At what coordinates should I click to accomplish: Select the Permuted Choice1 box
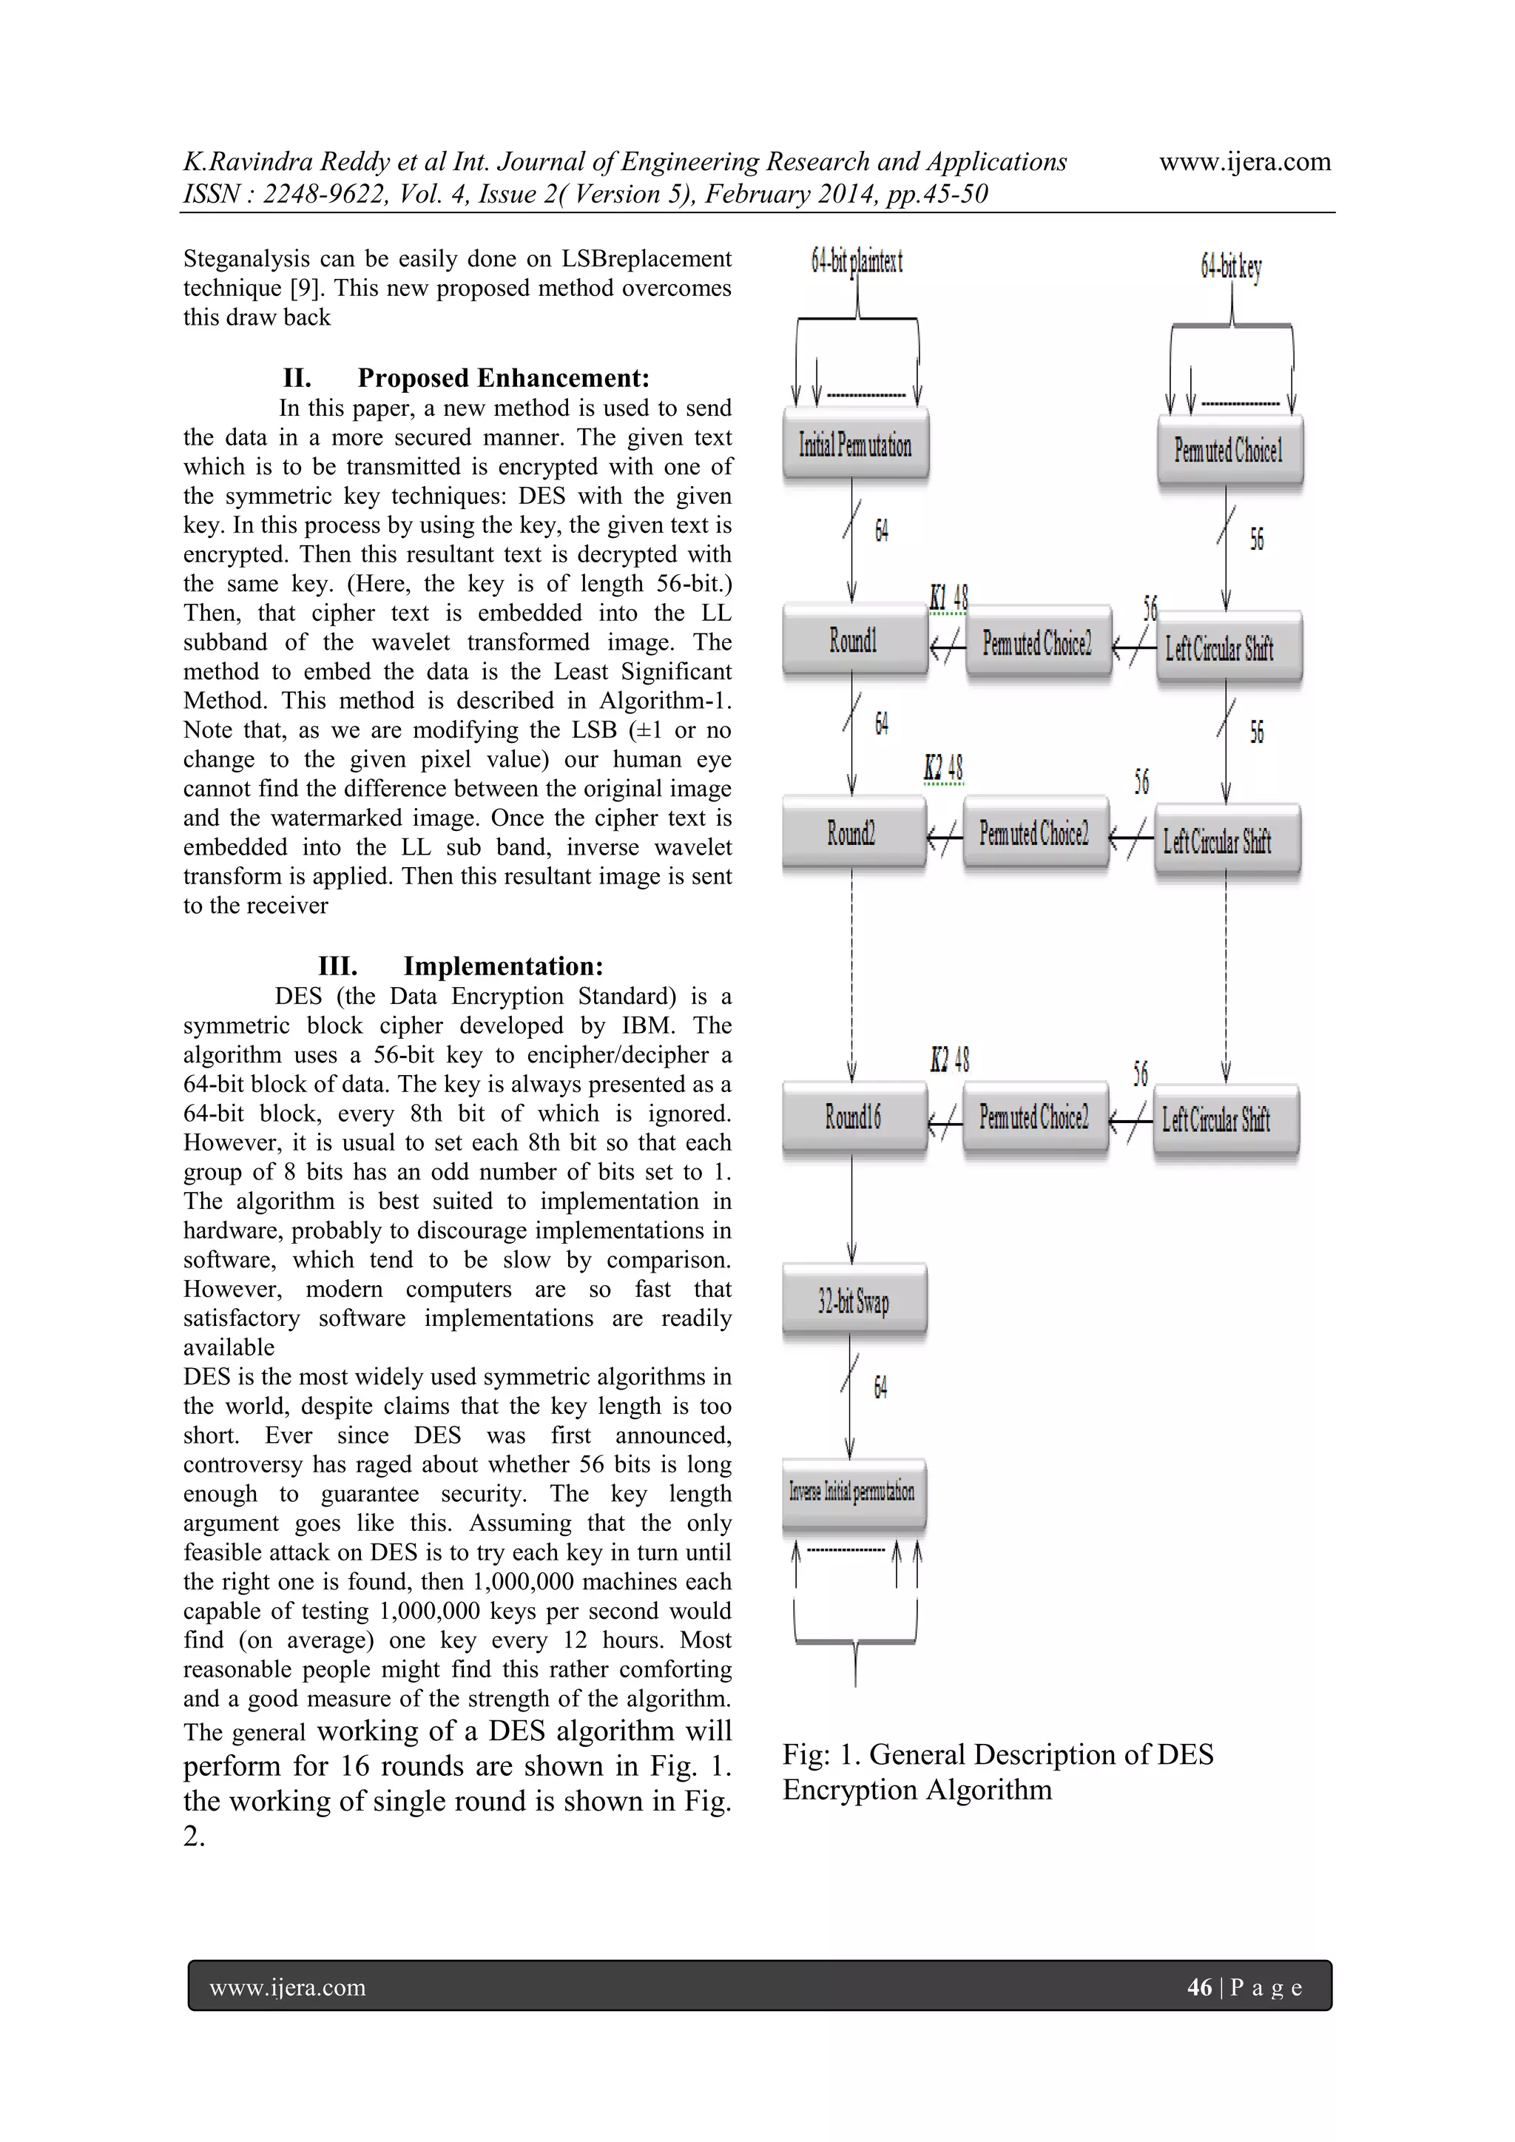coord(1229,451)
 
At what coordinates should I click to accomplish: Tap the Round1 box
coord(854,641)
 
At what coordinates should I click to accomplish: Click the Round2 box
coord(851,833)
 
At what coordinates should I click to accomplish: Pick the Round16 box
coord(853,1117)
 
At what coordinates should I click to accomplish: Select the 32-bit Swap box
coord(854,1301)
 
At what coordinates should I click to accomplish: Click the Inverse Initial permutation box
coord(853,1492)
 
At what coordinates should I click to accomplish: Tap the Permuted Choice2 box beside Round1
coord(1037,644)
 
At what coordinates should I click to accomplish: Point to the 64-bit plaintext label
coord(857,261)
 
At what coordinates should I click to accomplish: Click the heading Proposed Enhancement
coord(503,378)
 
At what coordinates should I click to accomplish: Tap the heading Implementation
coord(503,966)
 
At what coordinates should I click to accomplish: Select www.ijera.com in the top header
coord(1244,162)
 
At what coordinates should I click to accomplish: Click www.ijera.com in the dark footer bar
coord(287,1988)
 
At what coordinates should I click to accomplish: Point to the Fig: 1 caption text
coord(997,1771)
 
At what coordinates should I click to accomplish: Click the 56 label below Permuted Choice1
coord(1257,539)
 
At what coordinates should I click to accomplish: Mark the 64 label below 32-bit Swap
coord(880,1387)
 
